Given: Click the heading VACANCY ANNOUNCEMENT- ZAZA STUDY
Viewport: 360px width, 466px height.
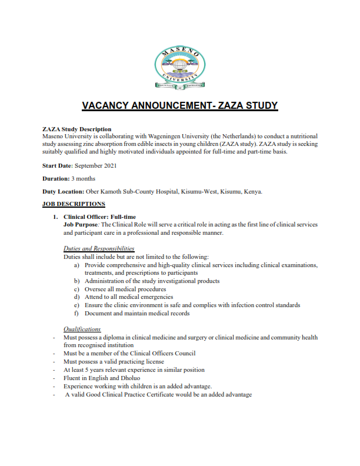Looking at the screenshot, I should pos(179,106).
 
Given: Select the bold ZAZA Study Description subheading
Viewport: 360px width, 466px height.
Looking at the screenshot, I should pos(76,129).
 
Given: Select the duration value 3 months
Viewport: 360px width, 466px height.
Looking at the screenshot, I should pos(83,178).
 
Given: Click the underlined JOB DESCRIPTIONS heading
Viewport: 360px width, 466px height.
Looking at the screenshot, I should pos(74,204).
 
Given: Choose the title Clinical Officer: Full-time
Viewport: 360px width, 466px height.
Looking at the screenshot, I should pos(99,217).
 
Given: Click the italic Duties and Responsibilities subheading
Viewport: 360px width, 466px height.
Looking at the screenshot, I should pos(98,249).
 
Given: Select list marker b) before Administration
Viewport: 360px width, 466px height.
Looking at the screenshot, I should pos(77,281).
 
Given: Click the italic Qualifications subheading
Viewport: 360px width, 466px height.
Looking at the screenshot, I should pos(82,329).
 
